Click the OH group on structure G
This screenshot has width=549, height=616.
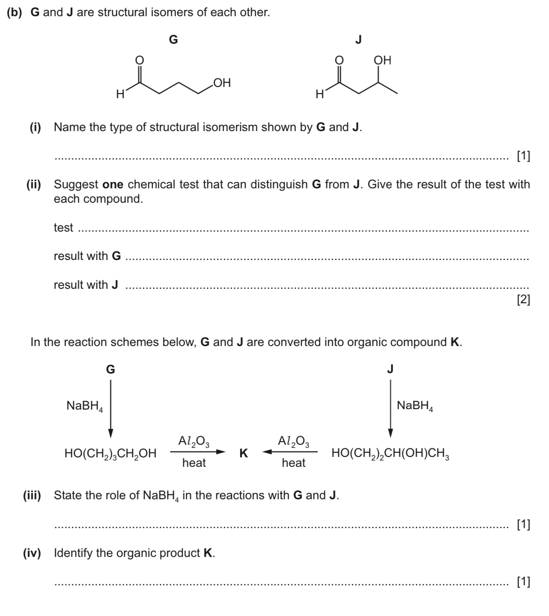(x=222, y=83)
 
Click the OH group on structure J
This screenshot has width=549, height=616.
(x=383, y=60)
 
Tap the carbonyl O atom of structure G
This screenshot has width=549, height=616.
(x=140, y=60)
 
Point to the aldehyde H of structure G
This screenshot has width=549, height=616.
(x=120, y=94)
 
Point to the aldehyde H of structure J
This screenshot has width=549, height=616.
(x=320, y=94)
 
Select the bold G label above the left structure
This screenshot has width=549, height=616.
(x=173, y=40)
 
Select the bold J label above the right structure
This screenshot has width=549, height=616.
(x=358, y=40)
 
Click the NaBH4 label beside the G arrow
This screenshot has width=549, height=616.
(x=85, y=406)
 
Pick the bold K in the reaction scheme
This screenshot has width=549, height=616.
(x=243, y=453)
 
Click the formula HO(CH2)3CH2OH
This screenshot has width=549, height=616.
(x=110, y=454)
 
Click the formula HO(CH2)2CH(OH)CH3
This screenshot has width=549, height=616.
(x=390, y=454)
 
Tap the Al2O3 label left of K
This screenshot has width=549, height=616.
(x=194, y=441)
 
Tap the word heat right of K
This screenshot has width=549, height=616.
(x=293, y=463)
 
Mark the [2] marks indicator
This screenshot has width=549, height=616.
(x=523, y=300)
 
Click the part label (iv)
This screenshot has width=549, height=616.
(x=32, y=553)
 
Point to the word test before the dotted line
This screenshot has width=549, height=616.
(x=63, y=228)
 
